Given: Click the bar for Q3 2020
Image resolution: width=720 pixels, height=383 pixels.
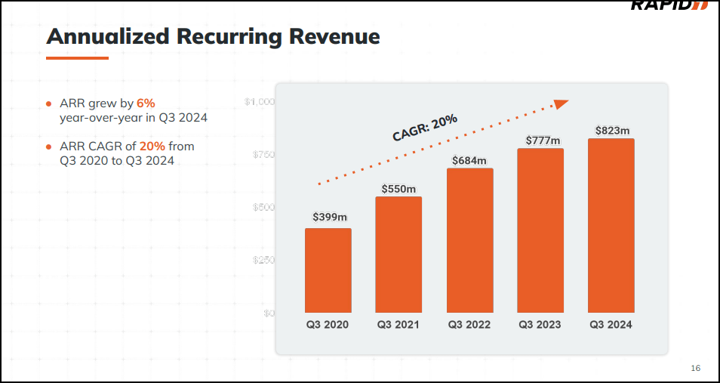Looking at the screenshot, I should (x=328, y=270).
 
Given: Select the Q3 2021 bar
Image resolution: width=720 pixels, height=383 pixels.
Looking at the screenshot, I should (x=398, y=255).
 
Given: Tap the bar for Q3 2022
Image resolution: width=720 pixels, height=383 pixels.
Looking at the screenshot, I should (x=469, y=240).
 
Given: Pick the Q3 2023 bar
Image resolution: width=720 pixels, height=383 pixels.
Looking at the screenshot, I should (x=540, y=230).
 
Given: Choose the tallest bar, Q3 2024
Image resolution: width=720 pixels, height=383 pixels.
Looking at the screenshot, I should (x=611, y=225).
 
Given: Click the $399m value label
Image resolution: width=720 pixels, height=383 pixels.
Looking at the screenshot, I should (x=330, y=218).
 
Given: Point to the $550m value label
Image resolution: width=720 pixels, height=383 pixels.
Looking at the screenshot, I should (x=398, y=188).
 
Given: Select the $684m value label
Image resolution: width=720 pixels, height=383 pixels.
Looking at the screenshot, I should (x=469, y=160).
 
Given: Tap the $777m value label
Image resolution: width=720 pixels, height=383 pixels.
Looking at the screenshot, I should (x=540, y=141).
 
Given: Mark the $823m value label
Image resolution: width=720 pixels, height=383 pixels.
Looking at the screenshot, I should (x=611, y=131).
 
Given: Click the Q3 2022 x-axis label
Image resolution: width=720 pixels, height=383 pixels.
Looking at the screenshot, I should (x=469, y=325).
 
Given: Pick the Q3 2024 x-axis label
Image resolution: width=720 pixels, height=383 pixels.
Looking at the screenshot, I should (x=611, y=325).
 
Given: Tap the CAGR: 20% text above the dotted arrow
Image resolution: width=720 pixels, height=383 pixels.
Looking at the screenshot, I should (x=425, y=127).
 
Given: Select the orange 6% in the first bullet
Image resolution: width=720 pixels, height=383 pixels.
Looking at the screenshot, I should (x=146, y=103).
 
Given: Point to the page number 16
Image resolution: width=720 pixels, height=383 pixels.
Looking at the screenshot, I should (x=695, y=368).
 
